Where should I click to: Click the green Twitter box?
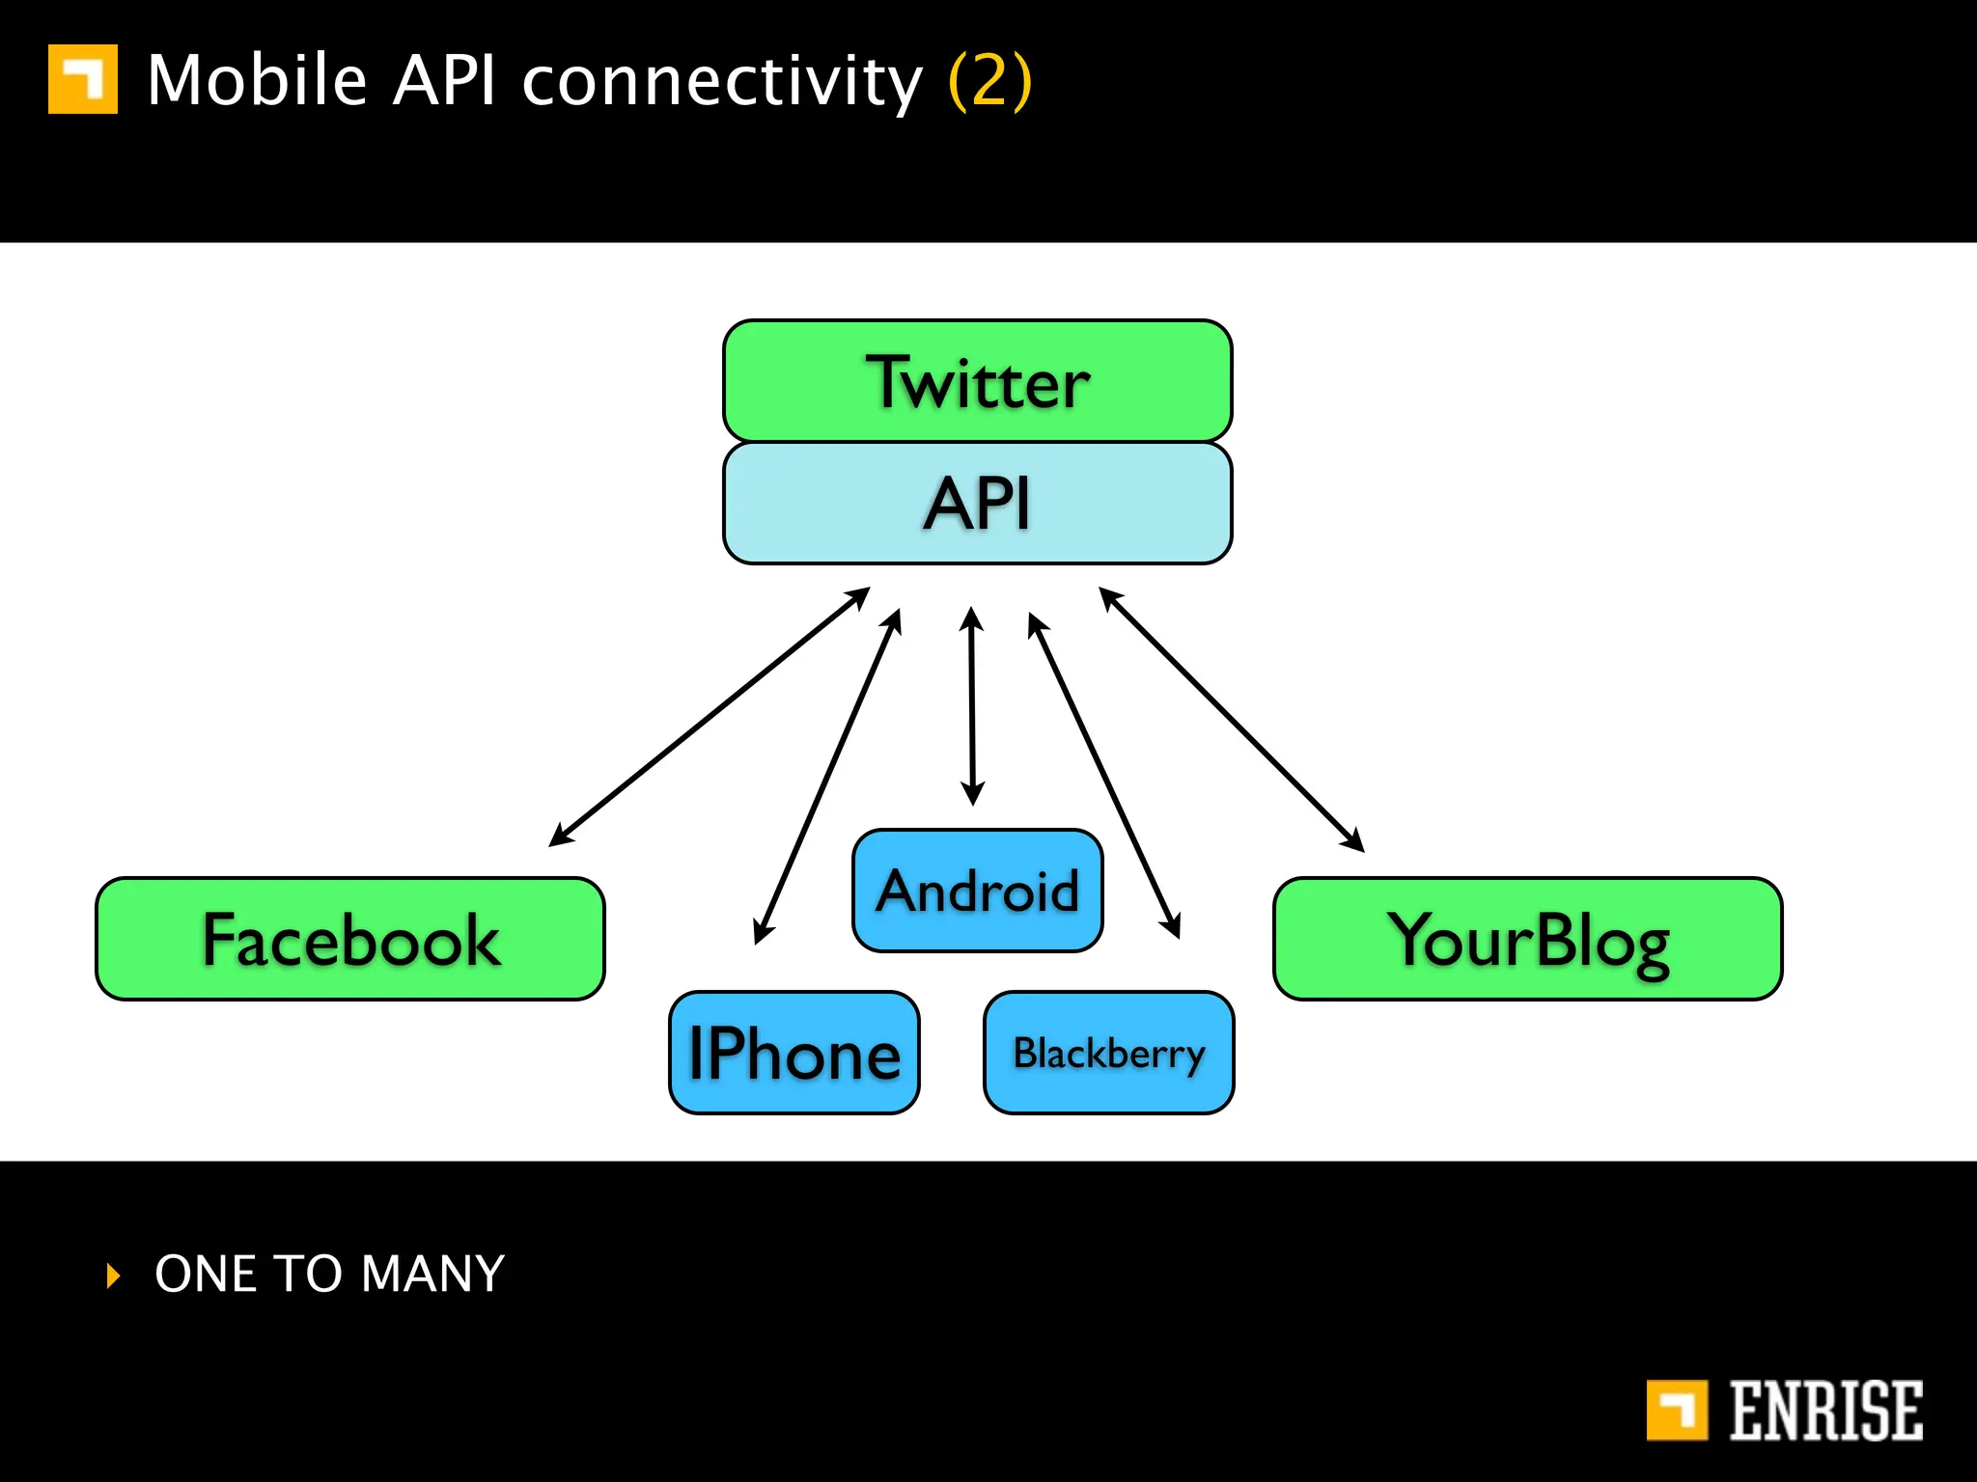click(x=977, y=382)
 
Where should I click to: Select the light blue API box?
click(x=977, y=504)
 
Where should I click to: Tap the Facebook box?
click(x=349, y=939)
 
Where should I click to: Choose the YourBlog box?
click(x=1527, y=939)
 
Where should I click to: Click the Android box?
click(x=977, y=890)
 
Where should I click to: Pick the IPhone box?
click(x=794, y=1053)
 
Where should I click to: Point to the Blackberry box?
click(x=1108, y=1053)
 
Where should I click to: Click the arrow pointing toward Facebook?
click(x=710, y=717)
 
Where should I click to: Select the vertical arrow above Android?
click(x=972, y=706)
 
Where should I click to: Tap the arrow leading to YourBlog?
click(x=1231, y=719)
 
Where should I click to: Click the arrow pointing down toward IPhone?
click(x=827, y=776)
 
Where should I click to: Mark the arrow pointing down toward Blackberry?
click(x=1104, y=776)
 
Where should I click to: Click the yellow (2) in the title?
click(x=990, y=81)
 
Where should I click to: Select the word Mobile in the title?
click(x=257, y=81)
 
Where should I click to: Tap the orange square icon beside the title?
click(x=83, y=79)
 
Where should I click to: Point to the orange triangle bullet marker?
click(x=114, y=1276)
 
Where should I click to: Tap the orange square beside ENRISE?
click(x=1677, y=1411)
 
